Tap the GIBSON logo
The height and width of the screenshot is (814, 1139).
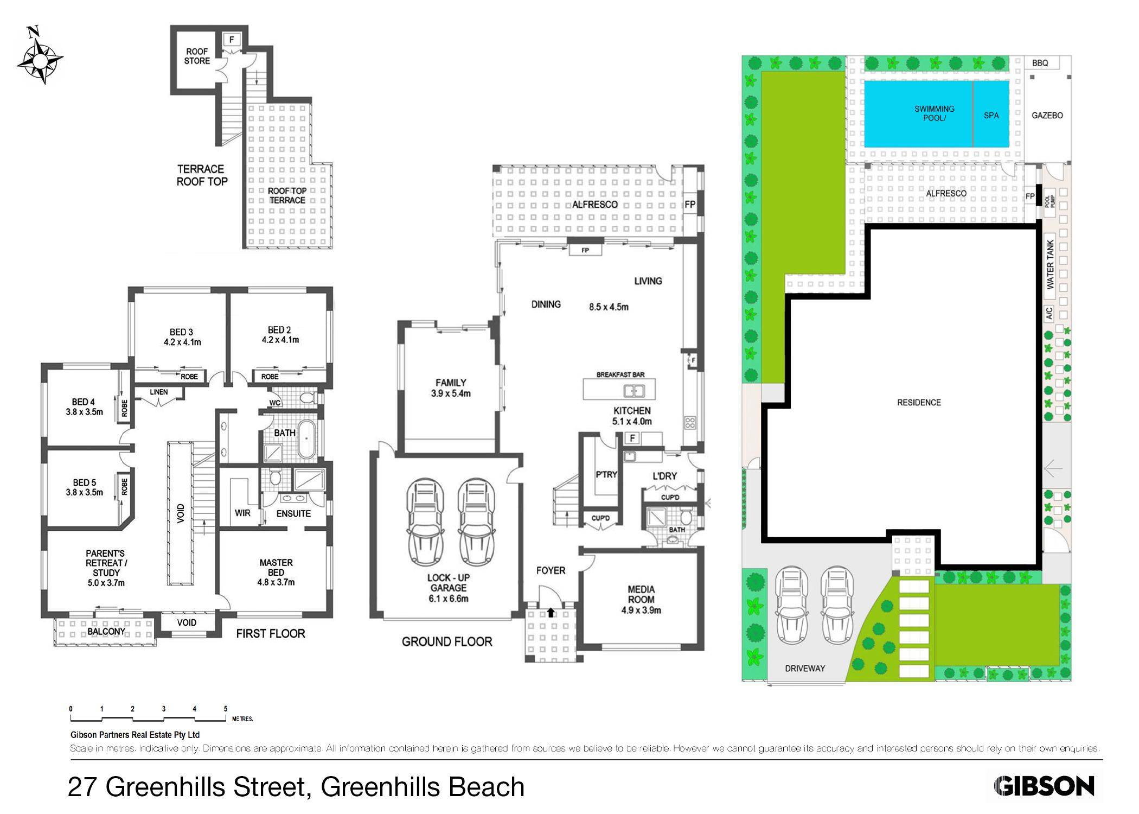[x=1043, y=786]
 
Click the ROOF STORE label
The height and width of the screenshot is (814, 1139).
[x=197, y=56]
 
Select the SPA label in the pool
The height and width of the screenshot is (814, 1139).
[x=991, y=116]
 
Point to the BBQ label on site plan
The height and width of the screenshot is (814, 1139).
[x=1040, y=63]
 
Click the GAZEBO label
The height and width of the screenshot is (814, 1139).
[x=1047, y=116]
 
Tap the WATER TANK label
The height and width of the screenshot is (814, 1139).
[x=1050, y=264]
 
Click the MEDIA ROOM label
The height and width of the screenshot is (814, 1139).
[x=641, y=600]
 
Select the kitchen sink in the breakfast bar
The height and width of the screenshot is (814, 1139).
[x=630, y=391]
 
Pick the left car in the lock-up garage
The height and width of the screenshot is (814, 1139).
[x=425, y=522]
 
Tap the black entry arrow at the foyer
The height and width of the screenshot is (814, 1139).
[x=551, y=613]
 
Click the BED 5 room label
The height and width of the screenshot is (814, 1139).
[x=84, y=487]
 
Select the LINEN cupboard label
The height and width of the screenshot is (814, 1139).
[x=158, y=392]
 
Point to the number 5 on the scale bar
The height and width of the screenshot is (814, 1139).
[x=226, y=709]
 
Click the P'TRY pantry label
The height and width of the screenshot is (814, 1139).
[x=606, y=474]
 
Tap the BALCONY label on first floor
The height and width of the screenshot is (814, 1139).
[x=106, y=632]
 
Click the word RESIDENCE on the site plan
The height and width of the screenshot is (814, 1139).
[x=918, y=402]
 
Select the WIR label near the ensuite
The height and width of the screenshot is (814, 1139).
[x=242, y=513]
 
